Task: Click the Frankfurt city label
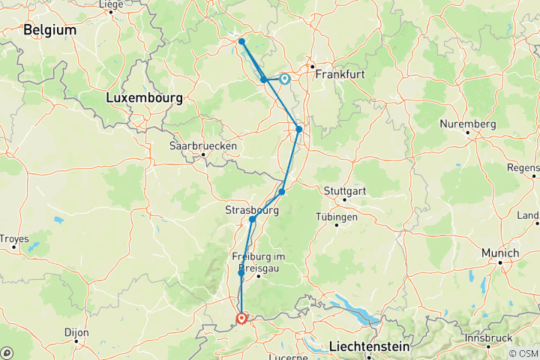point(340,75)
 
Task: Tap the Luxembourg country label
point(144,98)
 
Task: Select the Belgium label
point(50,30)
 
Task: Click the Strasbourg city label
point(252,211)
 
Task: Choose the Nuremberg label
point(468,124)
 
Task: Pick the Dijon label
point(76,332)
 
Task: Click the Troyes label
point(13,239)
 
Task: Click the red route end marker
point(241,319)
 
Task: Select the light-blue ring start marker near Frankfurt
point(285,78)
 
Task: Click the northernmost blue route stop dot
point(241,41)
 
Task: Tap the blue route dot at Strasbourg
point(253,220)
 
